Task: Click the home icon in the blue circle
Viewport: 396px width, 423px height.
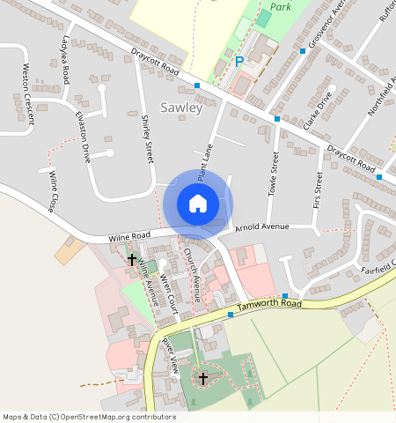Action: coord(198,204)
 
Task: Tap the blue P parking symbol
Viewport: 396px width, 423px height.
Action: coord(239,62)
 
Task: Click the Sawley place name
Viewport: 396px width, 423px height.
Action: coord(181,108)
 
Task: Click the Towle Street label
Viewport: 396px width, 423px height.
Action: coord(273,172)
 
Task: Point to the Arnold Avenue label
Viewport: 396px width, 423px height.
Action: coord(262,228)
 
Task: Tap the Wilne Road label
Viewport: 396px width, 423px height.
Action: coord(130,237)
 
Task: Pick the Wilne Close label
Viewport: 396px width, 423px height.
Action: coord(55,193)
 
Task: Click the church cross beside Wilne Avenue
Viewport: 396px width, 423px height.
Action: coord(132,259)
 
